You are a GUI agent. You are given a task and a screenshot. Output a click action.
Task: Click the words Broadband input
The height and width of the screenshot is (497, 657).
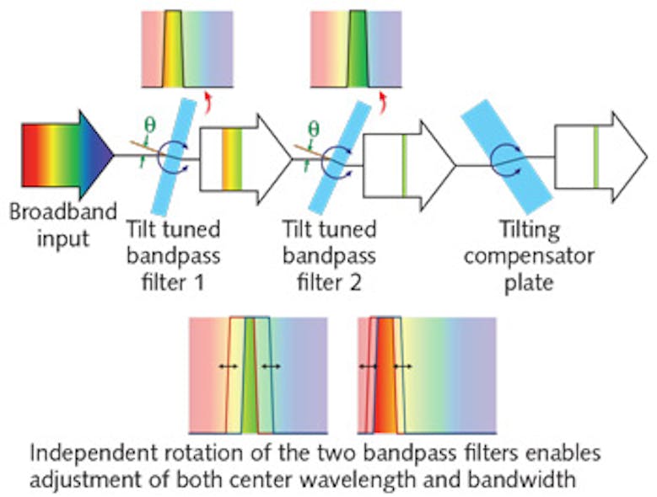[62, 225]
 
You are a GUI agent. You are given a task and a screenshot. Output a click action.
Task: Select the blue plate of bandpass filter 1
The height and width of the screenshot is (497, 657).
[179, 154]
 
